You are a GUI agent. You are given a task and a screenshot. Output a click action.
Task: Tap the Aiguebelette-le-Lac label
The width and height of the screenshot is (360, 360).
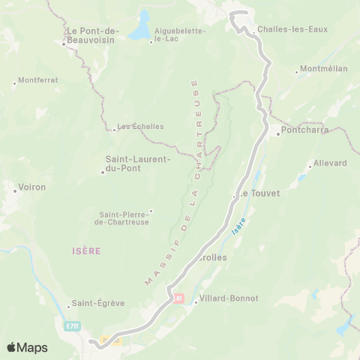(x=174, y=34)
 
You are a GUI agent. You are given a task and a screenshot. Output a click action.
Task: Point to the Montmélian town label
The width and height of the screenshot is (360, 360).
(x=323, y=68)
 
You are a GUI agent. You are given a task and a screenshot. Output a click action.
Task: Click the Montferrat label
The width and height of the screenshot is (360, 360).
(x=37, y=79)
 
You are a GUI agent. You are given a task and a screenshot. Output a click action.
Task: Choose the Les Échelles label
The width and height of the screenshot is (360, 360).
(x=141, y=126)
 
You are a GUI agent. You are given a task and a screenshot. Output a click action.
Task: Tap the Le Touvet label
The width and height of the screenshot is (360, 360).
(x=259, y=193)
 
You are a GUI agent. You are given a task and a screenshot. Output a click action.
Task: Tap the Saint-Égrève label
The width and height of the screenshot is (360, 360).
(x=98, y=304)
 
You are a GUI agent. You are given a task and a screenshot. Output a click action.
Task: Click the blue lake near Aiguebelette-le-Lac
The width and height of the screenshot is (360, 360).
(x=139, y=27)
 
